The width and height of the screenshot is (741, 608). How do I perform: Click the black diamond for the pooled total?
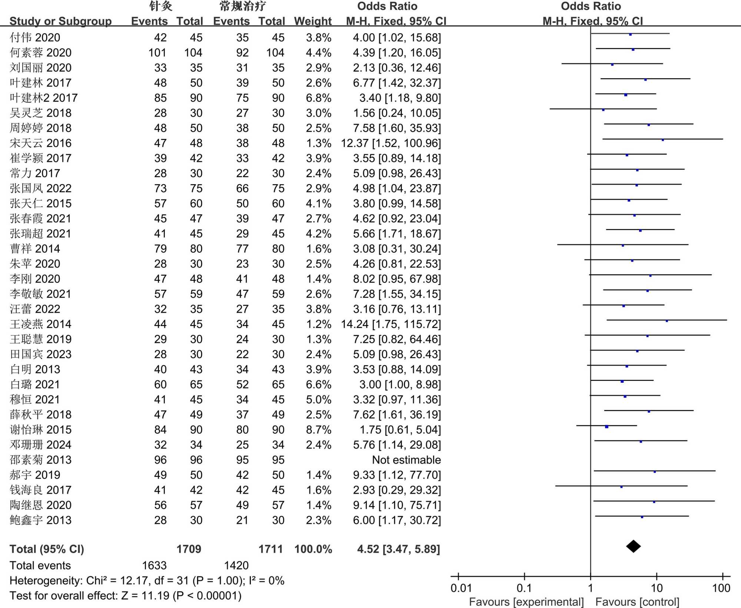tap(633, 546)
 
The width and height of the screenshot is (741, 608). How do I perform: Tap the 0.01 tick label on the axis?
tap(461, 588)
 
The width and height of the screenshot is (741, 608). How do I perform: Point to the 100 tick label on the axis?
tap(721, 588)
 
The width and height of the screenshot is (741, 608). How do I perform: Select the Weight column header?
tap(313, 21)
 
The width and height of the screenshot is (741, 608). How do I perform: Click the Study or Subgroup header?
tap(60, 21)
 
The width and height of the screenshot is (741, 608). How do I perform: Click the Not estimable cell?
tap(406, 460)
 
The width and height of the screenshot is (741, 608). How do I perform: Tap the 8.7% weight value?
tap(318, 430)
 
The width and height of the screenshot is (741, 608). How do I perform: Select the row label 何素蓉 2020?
tap(41, 53)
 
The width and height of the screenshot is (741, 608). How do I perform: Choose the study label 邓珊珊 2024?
tap(41, 445)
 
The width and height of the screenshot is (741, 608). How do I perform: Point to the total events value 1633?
tap(154, 565)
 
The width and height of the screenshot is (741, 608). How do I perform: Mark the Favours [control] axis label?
tap(637, 602)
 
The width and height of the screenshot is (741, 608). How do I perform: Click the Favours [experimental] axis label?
tap(526, 602)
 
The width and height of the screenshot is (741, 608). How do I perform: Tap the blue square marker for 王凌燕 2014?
tap(667, 321)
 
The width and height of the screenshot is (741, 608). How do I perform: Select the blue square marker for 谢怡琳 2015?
tap(607, 427)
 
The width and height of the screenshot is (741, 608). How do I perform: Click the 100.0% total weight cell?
tap(313, 549)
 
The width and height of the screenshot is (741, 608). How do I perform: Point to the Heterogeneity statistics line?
tap(147, 581)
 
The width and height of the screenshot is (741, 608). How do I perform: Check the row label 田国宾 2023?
tap(41, 354)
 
